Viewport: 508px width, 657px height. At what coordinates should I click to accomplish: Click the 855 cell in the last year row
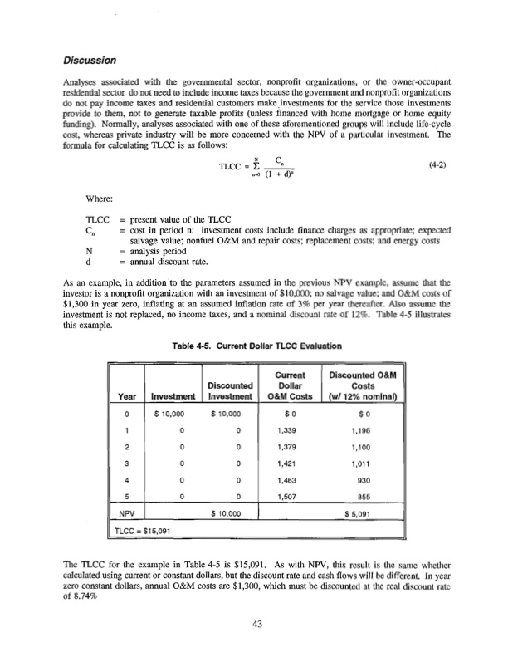[x=365, y=516]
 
